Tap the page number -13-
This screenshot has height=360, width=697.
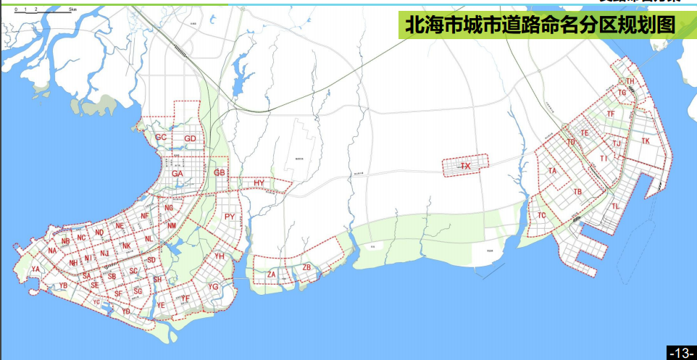click(x=681, y=353)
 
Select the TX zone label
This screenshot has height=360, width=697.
click(x=466, y=167)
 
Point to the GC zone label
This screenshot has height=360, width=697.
click(x=161, y=137)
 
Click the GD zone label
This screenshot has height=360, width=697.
click(x=191, y=138)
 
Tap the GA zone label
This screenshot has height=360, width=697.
click(x=178, y=173)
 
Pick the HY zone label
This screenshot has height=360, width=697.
click(x=259, y=183)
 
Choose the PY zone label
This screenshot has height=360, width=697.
click(x=230, y=217)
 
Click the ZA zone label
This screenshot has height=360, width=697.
click(x=272, y=275)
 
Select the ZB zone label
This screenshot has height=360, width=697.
click(x=306, y=268)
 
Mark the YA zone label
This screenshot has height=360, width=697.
click(x=36, y=269)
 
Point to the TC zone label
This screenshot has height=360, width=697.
click(x=542, y=215)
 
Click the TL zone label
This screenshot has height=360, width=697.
click(x=615, y=206)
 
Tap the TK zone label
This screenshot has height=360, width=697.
click(x=645, y=141)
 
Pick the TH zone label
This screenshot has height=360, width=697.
click(x=630, y=81)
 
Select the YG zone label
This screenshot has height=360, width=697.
click(x=213, y=287)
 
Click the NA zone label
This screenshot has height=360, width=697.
click(x=52, y=251)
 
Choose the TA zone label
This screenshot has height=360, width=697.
click(x=552, y=171)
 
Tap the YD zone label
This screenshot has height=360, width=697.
click(x=125, y=311)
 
